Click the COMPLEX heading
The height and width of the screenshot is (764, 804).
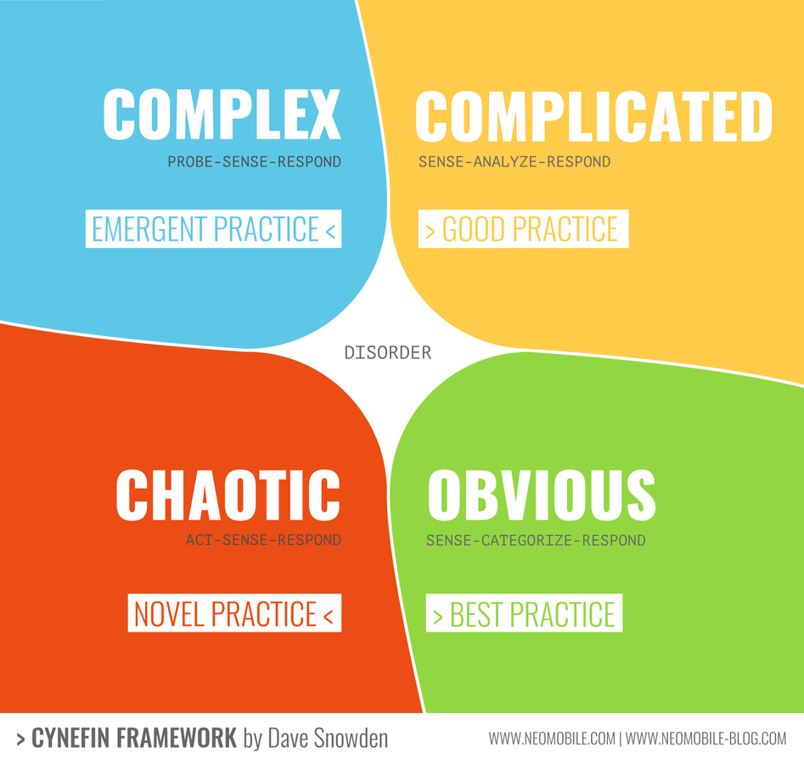tap(222, 114)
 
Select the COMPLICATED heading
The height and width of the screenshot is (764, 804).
tap(593, 116)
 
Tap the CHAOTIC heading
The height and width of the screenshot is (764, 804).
tap(228, 495)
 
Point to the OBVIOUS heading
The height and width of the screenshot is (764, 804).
tap(542, 495)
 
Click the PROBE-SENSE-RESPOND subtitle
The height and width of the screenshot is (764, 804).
tap(255, 162)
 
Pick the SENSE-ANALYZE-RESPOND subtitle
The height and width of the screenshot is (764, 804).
tap(514, 162)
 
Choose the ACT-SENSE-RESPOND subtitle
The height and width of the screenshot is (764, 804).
tap(263, 540)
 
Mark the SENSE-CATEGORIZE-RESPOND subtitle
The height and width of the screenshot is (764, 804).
tap(536, 541)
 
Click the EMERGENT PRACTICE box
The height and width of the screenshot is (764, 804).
tap(213, 228)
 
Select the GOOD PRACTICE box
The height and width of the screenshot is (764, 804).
tap(524, 228)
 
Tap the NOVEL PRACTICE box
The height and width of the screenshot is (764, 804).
tap(234, 613)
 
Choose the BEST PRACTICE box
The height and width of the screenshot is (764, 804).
tap(525, 613)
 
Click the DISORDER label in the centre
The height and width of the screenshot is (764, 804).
tap(388, 353)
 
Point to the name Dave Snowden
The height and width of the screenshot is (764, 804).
tap(329, 739)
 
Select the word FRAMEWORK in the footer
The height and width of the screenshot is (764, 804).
tap(177, 739)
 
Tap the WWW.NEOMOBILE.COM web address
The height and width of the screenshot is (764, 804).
tap(552, 739)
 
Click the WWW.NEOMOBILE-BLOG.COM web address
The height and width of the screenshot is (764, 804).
tap(706, 739)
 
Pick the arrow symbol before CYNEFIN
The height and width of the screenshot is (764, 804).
tap(20, 739)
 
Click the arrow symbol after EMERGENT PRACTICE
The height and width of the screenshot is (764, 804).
tap(331, 231)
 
